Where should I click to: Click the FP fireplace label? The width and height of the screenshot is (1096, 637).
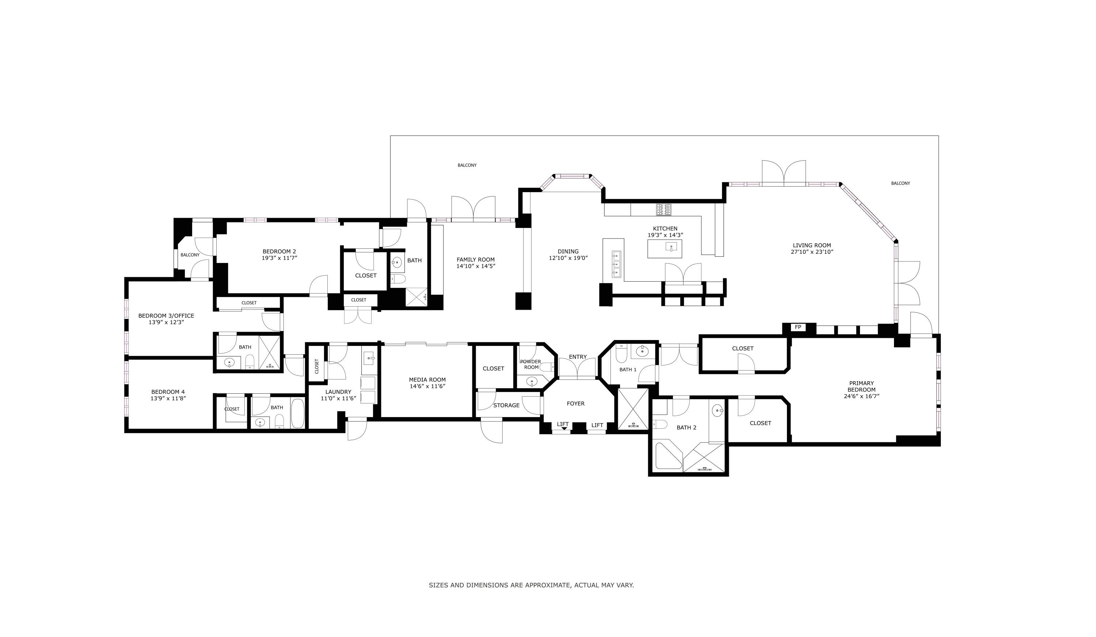click(798, 327)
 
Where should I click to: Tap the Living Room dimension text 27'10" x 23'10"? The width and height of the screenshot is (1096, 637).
click(811, 252)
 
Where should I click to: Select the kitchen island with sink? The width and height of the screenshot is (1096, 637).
click(664, 248)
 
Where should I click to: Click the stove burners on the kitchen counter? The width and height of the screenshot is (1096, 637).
click(664, 210)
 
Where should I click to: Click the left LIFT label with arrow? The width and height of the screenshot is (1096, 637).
click(563, 425)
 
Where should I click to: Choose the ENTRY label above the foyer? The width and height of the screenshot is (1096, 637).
click(578, 357)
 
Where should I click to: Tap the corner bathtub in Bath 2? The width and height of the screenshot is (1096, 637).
click(668, 456)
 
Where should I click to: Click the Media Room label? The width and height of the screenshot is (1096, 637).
click(427, 379)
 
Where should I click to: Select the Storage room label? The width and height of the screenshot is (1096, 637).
click(506, 405)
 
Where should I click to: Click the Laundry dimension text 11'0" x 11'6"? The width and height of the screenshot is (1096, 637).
click(338, 398)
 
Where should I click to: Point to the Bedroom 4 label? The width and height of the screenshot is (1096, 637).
click(168, 392)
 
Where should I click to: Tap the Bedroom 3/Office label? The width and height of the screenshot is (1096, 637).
click(166, 316)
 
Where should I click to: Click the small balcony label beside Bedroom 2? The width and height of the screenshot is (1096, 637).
click(190, 255)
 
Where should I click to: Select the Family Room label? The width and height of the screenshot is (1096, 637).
click(475, 260)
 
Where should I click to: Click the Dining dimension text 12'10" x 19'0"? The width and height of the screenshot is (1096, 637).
click(568, 258)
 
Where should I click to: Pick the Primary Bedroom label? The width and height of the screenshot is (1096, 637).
click(861, 386)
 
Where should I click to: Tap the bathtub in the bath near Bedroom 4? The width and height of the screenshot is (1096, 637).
click(297, 413)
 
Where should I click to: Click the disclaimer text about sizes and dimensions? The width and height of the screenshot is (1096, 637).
click(531, 585)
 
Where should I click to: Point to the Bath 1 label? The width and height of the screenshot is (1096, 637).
click(628, 370)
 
